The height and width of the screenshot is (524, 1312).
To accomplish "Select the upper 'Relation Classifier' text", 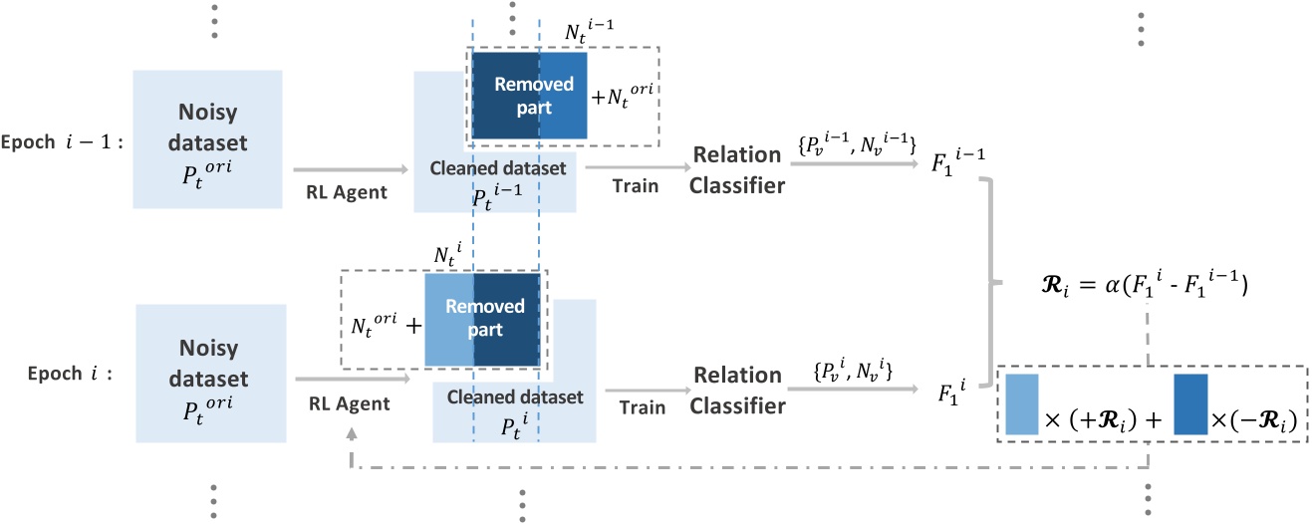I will [x=738, y=168].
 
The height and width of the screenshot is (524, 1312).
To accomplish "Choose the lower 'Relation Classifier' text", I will [x=738, y=391].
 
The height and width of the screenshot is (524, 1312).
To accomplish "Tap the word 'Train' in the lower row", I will [x=643, y=408].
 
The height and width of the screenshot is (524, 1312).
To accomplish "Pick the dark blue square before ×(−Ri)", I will [x=1191, y=405].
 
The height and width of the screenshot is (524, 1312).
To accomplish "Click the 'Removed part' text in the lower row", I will [x=484, y=318].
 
